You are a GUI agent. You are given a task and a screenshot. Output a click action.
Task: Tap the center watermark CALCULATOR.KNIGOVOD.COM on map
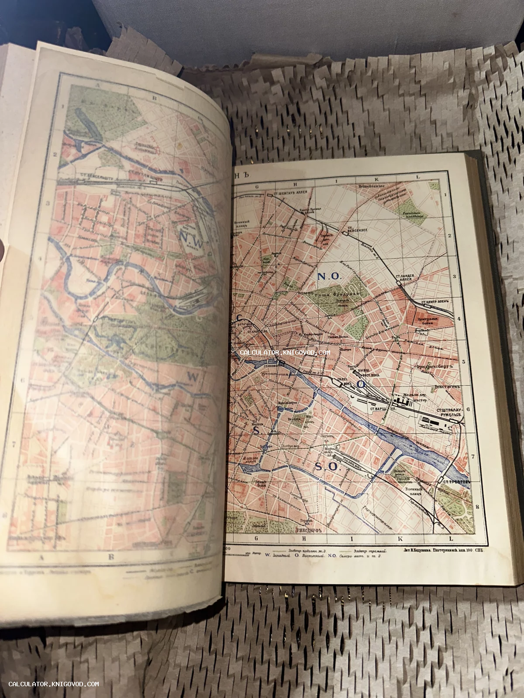(285, 352)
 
